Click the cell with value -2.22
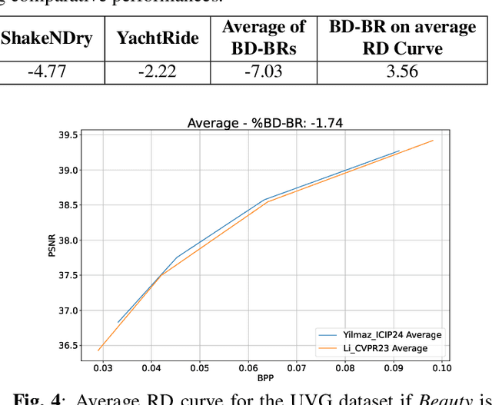tap(157, 71)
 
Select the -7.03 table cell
tap(262, 71)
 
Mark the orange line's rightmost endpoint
tap(434, 141)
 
